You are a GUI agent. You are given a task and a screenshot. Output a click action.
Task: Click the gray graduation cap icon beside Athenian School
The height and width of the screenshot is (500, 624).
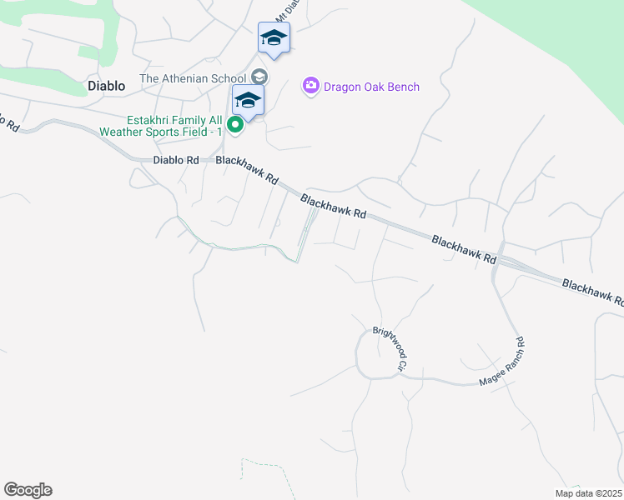[259, 77]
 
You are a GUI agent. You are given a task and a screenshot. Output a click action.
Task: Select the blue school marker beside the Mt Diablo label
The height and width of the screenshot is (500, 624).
[274, 37]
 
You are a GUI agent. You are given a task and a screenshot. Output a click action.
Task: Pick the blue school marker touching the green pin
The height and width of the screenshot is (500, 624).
[248, 101]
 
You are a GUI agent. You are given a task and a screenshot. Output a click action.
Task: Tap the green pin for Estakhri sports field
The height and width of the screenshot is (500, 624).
[236, 127]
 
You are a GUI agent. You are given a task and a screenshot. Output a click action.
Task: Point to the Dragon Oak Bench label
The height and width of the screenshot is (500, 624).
[371, 87]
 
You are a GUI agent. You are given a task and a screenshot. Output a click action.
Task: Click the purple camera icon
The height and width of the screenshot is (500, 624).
[311, 85]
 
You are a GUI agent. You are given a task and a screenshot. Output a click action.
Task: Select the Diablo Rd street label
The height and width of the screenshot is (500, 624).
[176, 160]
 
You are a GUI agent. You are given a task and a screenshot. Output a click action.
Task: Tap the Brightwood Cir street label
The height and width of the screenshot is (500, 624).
[390, 348]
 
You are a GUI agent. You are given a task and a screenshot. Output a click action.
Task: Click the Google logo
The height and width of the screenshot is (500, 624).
[28, 490]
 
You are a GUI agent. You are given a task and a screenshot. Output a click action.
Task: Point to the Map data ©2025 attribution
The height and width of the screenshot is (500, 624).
[588, 493]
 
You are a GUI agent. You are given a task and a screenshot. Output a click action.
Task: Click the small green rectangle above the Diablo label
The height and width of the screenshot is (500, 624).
[88, 52]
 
